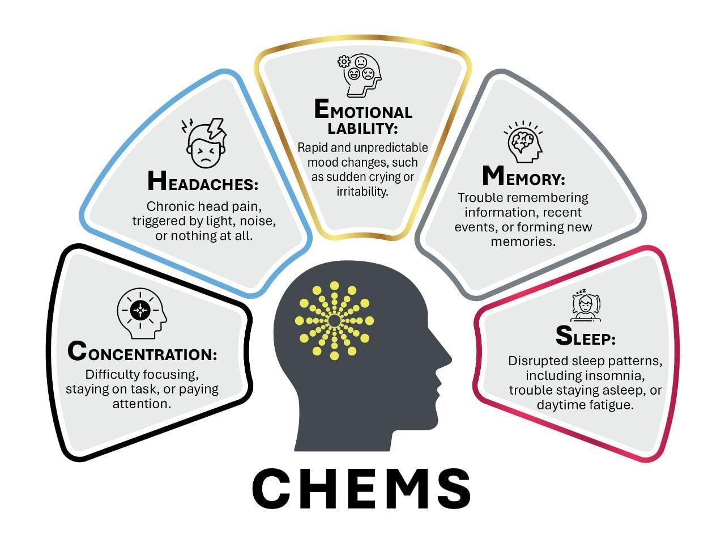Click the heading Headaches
coord(203,182)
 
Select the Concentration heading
coord(142,352)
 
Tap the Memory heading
coord(523,177)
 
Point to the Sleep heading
coord(585,337)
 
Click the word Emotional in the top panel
coord(363,110)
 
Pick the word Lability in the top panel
coord(363,128)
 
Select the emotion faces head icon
coord(360,75)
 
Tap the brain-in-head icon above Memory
coord(523,142)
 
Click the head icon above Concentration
coord(142,312)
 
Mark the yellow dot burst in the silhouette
coord(334,321)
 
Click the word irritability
coord(362,192)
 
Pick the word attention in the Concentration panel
coord(142,404)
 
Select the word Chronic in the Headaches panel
coord(167,206)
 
